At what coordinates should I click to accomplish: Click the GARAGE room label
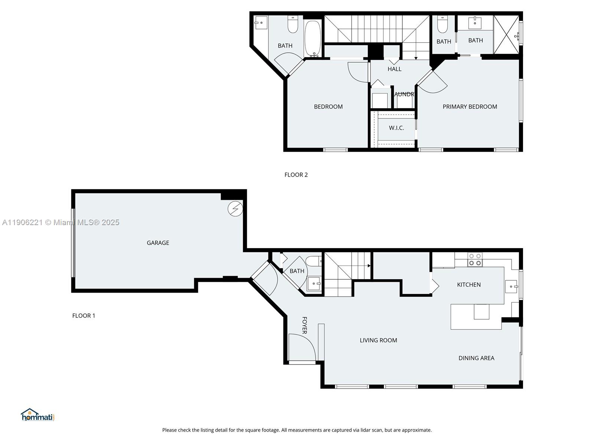coord(158,243)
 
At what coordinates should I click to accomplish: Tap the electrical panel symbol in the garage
coord(235,209)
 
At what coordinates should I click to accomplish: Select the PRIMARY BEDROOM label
coord(470,107)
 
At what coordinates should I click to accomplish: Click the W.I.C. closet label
coord(396,128)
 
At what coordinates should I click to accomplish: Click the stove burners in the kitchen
coord(475,260)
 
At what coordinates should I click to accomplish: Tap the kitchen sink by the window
coord(512,287)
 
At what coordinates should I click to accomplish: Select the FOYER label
coord(304,325)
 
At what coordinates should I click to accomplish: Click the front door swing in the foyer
coord(301,347)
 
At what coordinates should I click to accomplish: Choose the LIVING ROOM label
coord(378,340)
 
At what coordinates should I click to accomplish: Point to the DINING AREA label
coord(476,358)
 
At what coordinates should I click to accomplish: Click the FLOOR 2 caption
coord(296,175)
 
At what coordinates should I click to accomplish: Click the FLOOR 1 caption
coord(84,316)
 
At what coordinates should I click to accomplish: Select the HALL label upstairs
coord(394,69)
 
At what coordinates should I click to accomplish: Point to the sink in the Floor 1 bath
coord(314,284)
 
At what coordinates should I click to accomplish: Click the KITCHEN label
coord(469,285)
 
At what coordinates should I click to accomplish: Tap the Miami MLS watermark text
coord(61,222)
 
